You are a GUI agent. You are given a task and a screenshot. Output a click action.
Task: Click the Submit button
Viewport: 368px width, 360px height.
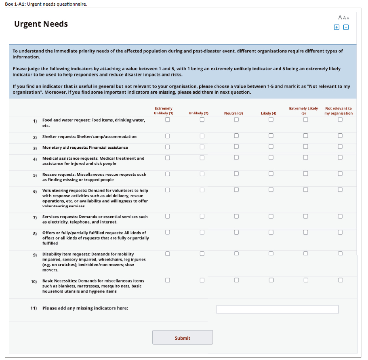coord(183,337)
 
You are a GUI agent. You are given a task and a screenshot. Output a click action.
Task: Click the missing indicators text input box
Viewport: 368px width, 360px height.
coord(277,309)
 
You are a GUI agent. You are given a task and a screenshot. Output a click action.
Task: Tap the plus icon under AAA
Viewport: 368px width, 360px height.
coord(336,27)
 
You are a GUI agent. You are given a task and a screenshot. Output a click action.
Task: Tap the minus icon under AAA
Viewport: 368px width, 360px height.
coord(346,27)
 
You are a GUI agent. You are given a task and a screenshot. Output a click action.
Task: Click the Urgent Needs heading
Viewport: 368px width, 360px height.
coord(41,24)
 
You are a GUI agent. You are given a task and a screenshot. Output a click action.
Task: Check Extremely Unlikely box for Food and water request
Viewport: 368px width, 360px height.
coord(167,119)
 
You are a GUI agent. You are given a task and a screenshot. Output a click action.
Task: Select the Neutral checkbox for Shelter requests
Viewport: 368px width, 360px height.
coord(236,136)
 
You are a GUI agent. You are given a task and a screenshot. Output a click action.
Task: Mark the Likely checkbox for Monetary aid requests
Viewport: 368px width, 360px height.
coord(271,146)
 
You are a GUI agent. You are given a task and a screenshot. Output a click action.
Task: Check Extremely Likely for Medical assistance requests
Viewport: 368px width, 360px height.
coord(305,157)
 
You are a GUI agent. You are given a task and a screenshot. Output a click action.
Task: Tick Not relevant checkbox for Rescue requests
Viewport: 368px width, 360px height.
coord(340,173)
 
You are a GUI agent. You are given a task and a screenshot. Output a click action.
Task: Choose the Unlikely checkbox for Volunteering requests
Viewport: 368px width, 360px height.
coord(202,189)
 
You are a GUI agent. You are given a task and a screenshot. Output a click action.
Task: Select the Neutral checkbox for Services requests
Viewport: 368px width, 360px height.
coord(236,216)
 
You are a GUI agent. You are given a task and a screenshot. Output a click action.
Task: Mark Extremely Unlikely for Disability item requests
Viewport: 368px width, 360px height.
coord(167,253)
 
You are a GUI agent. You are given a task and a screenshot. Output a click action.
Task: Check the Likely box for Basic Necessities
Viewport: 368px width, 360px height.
coord(271,280)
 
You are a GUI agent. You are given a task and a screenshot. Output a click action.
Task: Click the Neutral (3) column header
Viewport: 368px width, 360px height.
coord(233,114)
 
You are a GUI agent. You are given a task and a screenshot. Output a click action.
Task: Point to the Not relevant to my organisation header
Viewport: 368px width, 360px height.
coord(339,111)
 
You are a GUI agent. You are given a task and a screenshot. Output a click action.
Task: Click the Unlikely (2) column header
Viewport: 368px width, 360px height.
coord(198,114)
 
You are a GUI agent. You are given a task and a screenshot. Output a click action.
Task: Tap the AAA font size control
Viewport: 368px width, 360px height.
coord(343,18)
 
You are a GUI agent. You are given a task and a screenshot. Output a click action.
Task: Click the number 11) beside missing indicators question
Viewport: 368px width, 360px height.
coord(34,308)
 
